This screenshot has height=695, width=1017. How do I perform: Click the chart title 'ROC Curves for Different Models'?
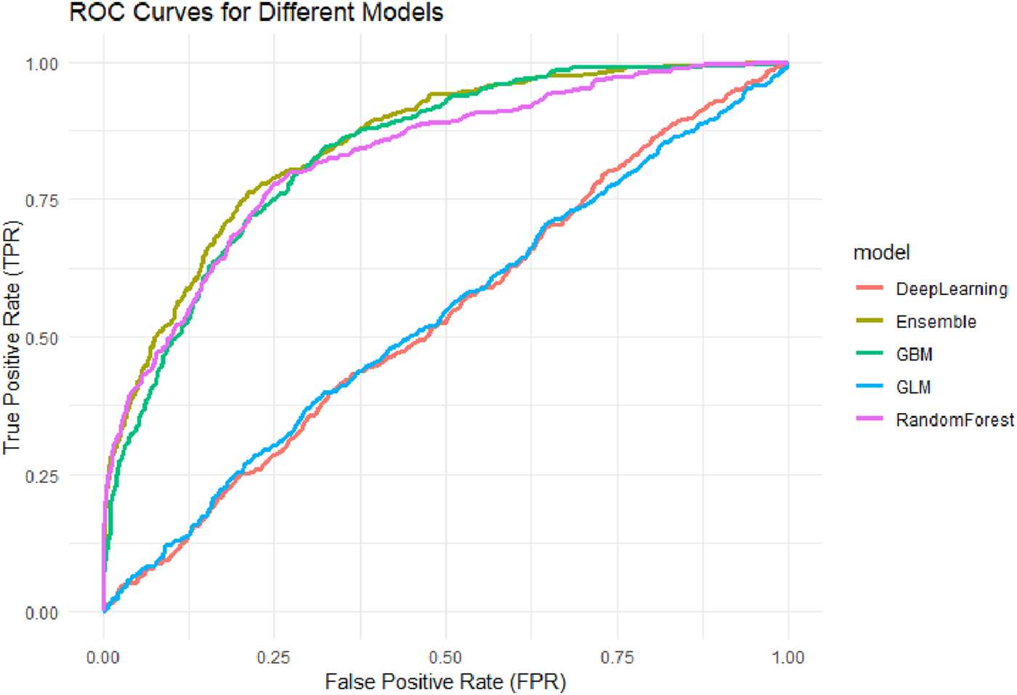[x=256, y=12]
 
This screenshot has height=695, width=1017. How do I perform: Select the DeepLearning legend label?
[x=951, y=289]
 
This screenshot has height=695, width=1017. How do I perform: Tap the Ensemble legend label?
[x=936, y=322]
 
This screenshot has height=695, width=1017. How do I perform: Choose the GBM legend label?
[x=914, y=355]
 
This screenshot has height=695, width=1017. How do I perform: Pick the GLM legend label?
[x=913, y=387]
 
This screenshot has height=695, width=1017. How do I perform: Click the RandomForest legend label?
[x=954, y=420]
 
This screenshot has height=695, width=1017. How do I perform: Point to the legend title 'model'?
[x=881, y=253]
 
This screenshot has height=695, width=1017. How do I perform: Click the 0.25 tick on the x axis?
[x=273, y=658]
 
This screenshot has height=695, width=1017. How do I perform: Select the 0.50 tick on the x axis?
[x=445, y=658]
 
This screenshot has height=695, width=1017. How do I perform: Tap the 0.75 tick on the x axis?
[x=617, y=658]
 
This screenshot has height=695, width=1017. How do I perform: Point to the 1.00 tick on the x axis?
[x=787, y=658]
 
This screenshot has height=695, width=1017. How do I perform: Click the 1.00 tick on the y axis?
[x=42, y=64]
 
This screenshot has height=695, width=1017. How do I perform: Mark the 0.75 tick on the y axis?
[x=42, y=201]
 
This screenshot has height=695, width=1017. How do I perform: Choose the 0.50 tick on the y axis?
[x=42, y=338]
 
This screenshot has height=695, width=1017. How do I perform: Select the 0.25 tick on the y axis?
[x=42, y=475]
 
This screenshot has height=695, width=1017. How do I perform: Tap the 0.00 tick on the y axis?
[x=42, y=613]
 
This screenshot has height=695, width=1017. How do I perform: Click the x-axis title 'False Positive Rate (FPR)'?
[x=445, y=682]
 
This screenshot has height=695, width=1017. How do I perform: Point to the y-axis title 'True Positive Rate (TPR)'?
[x=12, y=337]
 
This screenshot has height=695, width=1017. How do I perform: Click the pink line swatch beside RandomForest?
[x=870, y=419]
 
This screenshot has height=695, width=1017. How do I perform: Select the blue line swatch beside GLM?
[x=870, y=387]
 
